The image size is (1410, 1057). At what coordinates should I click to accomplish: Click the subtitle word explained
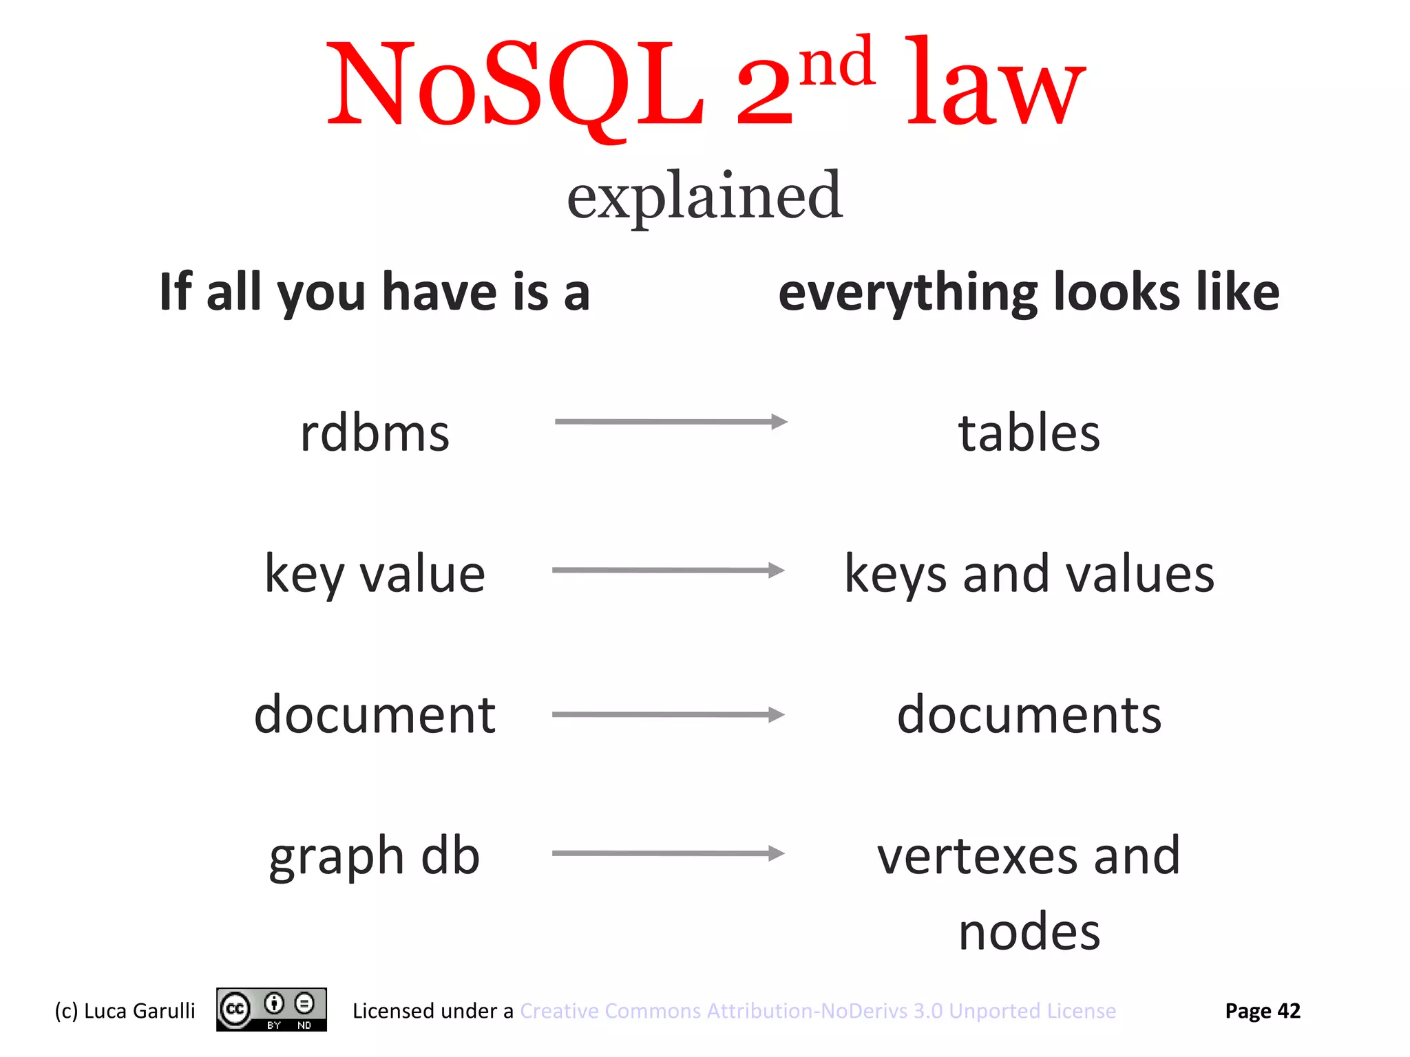pyautogui.click(x=704, y=196)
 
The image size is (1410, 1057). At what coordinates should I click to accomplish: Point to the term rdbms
pyautogui.click(x=375, y=434)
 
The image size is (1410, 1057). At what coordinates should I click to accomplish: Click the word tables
pyautogui.click(x=1029, y=434)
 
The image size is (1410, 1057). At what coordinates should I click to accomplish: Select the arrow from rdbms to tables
pyautogui.click(x=671, y=422)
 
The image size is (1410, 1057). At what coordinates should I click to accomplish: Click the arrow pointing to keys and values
pyautogui.click(x=668, y=570)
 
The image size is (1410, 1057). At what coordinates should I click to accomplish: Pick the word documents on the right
pyautogui.click(x=1029, y=715)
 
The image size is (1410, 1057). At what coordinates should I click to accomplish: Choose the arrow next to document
pyautogui.click(x=668, y=715)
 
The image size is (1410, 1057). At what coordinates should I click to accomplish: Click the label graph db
pyautogui.click(x=375, y=857)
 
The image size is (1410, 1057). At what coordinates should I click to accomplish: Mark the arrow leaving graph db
pyautogui.click(x=668, y=854)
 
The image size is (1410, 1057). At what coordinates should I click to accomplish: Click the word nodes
pyautogui.click(x=1029, y=932)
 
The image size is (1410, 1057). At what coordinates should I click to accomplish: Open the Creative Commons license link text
pyautogui.click(x=818, y=1011)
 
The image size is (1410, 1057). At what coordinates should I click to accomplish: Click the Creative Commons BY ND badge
pyautogui.click(x=271, y=1010)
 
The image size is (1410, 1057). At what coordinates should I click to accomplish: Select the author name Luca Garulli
pyautogui.click(x=139, y=1011)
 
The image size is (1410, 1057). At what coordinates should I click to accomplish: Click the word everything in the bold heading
pyautogui.click(x=907, y=293)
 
